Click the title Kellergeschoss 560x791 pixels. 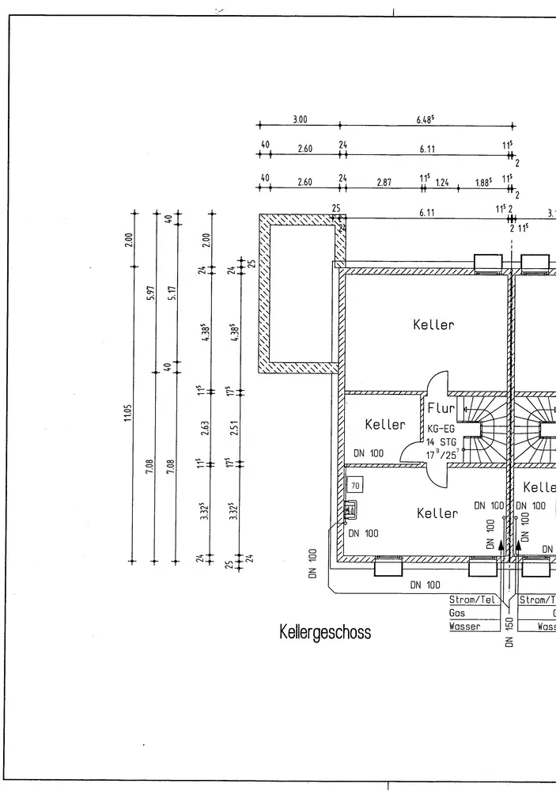(x=324, y=633)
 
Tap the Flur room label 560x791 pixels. (x=441, y=409)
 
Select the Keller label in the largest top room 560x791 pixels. (x=433, y=324)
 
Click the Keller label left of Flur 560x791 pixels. (x=385, y=425)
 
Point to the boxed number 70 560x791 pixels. (x=355, y=485)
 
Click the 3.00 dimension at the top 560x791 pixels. (x=300, y=120)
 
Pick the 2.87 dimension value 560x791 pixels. (x=384, y=183)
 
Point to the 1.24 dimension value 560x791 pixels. (x=442, y=183)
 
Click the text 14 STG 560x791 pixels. (x=441, y=441)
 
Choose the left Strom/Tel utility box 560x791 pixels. (x=472, y=600)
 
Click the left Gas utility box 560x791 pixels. (x=472, y=612)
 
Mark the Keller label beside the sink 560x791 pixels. (x=437, y=513)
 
